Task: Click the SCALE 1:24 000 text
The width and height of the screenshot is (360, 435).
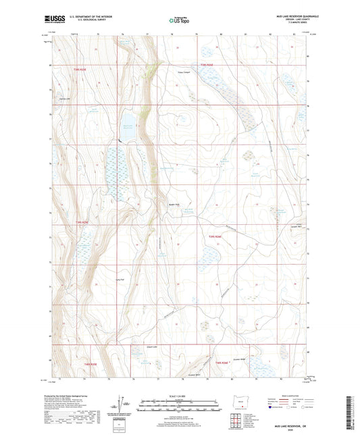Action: (179, 396)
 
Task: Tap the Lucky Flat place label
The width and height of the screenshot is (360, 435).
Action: (122, 279)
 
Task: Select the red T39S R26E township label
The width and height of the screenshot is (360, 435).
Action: (207, 66)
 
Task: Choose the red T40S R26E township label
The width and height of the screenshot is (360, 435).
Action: (215, 236)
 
